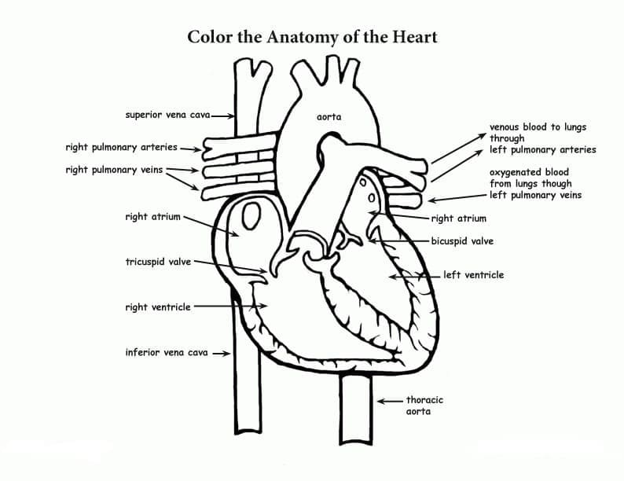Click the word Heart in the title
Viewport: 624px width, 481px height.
click(x=415, y=37)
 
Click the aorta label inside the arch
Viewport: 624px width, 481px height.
click(x=329, y=117)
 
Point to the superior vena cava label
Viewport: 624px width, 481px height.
click(x=167, y=115)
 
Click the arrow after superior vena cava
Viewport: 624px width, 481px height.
click(x=223, y=116)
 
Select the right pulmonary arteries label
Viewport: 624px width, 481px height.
click(x=121, y=147)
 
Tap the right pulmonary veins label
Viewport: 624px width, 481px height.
click(x=114, y=170)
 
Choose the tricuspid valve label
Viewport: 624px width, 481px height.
click(x=158, y=262)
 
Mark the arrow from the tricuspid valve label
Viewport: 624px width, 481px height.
click(x=230, y=266)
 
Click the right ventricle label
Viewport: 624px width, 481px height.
click(x=158, y=307)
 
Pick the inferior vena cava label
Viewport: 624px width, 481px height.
click(x=167, y=352)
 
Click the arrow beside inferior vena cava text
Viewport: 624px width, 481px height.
click(x=222, y=354)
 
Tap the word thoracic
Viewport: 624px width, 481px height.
click(x=424, y=400)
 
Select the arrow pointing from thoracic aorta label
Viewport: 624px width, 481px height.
click(x=390, y=401)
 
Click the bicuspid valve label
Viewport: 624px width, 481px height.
click(x=462, y=241)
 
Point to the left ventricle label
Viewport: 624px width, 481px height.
click(x=474, y=275)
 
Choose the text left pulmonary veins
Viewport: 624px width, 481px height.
click(x=536, y=196)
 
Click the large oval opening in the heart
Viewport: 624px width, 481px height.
click(x=251, y=215)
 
